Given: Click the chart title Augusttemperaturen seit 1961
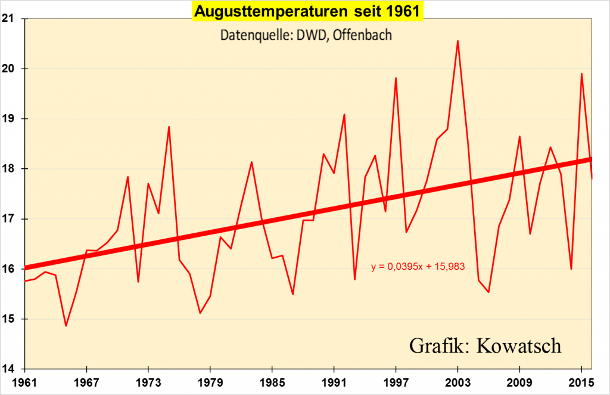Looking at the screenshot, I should coord(307,11).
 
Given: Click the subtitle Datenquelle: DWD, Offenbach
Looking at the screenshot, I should coord(306,35).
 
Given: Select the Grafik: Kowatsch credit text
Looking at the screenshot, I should coord(485,345).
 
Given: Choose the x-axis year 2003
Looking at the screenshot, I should coord(457,381).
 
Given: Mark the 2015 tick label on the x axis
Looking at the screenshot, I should coord(581,381).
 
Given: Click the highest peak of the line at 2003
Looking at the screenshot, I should coord(457,41).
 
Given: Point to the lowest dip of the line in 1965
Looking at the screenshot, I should coord(66,326).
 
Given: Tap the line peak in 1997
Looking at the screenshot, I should coord(396,78).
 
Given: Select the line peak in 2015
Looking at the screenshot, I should coord(581,73).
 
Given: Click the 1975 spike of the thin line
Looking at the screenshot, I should coord(169,126).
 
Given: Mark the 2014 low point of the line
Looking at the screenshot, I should coord(571,269).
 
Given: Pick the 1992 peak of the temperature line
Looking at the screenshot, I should coord(344,115).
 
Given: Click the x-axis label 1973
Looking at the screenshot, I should coord(148,381).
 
